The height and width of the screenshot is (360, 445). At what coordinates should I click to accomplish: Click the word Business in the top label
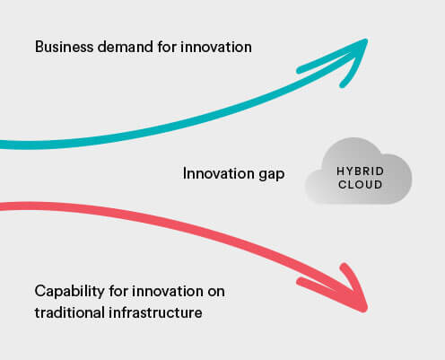tap(64, 47)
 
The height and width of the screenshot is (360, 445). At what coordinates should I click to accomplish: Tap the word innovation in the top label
tap(216, 47)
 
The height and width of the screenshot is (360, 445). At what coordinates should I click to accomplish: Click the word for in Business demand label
tap(167, 47)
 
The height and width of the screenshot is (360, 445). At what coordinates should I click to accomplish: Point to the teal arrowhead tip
tap(367, 40)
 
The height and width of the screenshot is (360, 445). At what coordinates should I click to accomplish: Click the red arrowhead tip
tap(365, 310)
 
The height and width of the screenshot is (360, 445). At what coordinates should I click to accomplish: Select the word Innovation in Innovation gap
tap(219, 173)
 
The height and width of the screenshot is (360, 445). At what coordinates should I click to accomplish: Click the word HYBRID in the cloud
tap(360, 171)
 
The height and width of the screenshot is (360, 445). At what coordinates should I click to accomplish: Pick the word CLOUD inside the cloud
tap(360, 184)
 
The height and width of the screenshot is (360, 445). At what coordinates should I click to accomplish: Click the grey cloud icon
tap(358, 171)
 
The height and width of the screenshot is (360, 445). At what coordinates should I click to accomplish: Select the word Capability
tap(70, 291)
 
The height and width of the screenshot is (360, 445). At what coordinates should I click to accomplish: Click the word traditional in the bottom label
tap(69, 312)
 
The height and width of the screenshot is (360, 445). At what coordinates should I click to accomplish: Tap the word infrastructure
tap(155, 312)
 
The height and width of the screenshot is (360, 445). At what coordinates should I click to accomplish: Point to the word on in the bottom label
tap(216, 292)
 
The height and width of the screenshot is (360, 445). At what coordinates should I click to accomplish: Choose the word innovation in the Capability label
tap(168, 291)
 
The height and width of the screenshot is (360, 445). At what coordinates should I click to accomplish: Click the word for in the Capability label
tap(118, 291)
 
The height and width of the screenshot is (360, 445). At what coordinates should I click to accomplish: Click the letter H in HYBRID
tap(341, 171)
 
